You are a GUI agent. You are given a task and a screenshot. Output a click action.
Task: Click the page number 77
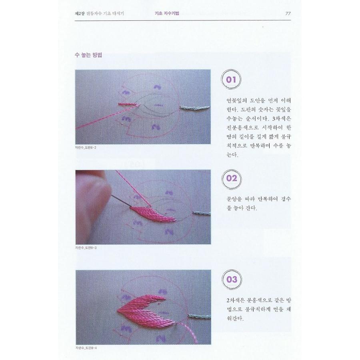coord(288,13)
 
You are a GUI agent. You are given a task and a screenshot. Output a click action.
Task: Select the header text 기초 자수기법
coord(167,13)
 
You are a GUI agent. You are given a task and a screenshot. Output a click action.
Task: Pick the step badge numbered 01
coord(232,79)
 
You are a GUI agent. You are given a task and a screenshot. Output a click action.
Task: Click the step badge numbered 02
coord(232,178)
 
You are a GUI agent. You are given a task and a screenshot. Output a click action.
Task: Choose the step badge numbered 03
coord(232,279)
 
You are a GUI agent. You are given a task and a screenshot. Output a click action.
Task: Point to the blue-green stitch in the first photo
coord(194,107)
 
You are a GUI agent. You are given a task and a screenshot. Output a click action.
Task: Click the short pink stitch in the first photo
coord(127,104)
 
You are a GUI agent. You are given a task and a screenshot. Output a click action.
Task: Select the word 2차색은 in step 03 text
coord(232,300)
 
